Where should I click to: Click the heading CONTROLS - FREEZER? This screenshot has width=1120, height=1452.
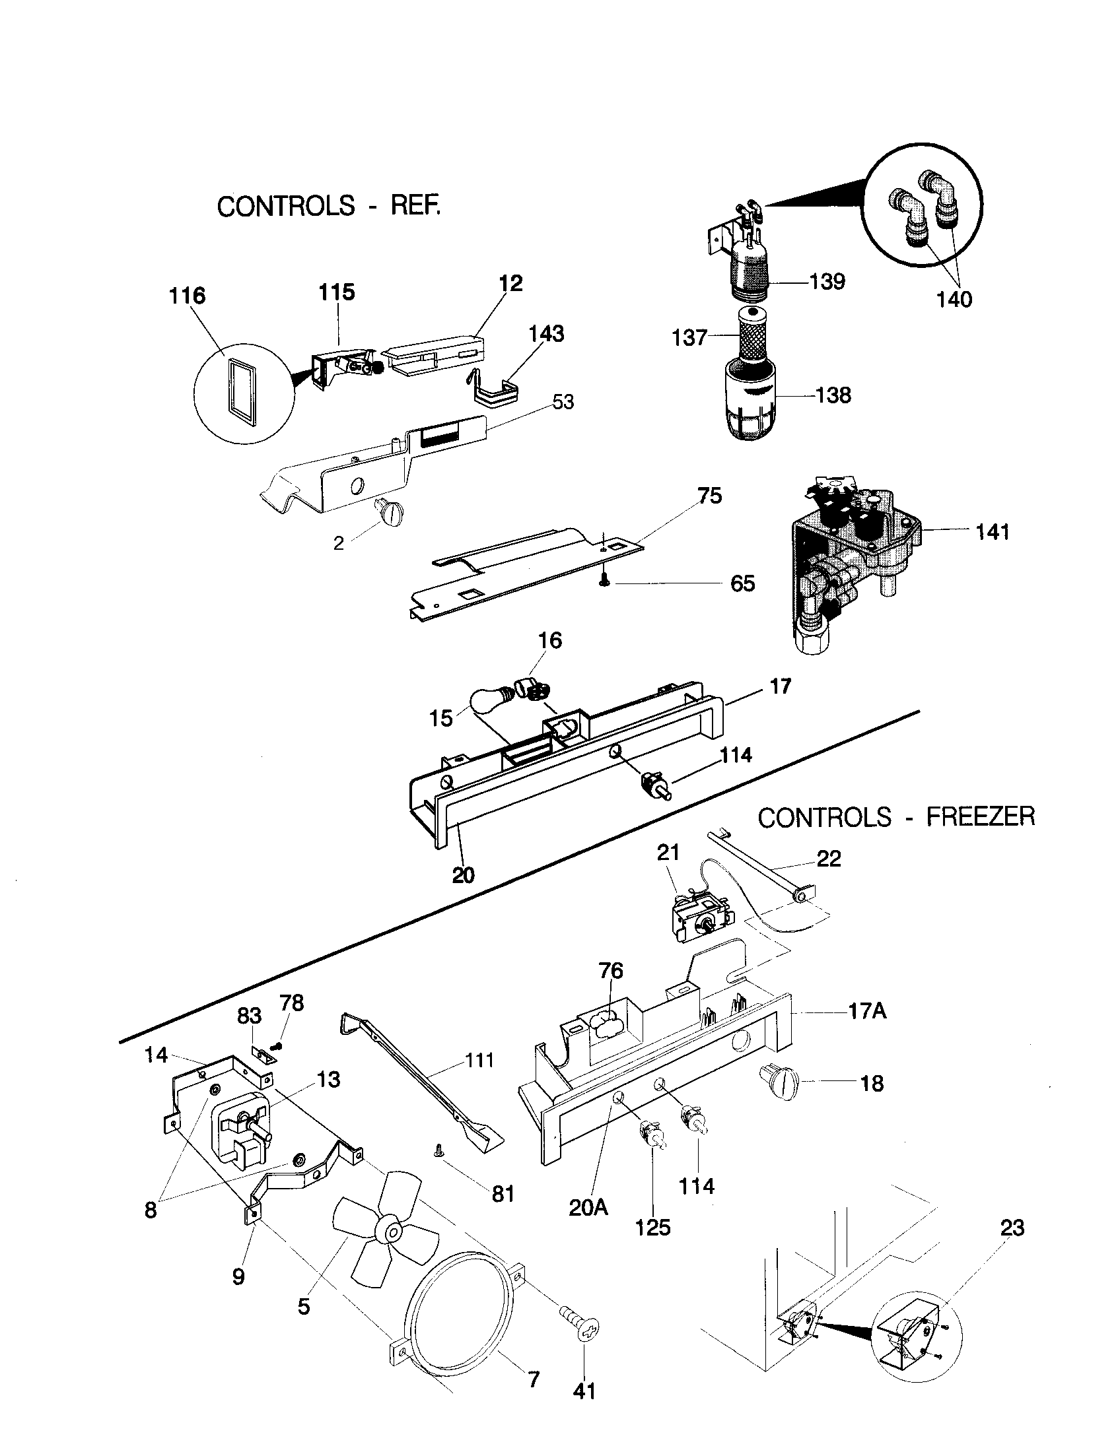(x=896, y=816)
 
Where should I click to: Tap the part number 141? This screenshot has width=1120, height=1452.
(x=993, y=531)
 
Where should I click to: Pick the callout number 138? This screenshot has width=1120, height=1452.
(x=833, y=395)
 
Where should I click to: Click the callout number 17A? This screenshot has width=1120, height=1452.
(x=867, y=1011)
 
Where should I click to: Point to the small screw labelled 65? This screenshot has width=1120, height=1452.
(x=604, y=581)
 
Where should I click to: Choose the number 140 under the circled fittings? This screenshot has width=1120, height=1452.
(x=954, y=299)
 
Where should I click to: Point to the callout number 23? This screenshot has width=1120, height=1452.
(x=1012, y=1228)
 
